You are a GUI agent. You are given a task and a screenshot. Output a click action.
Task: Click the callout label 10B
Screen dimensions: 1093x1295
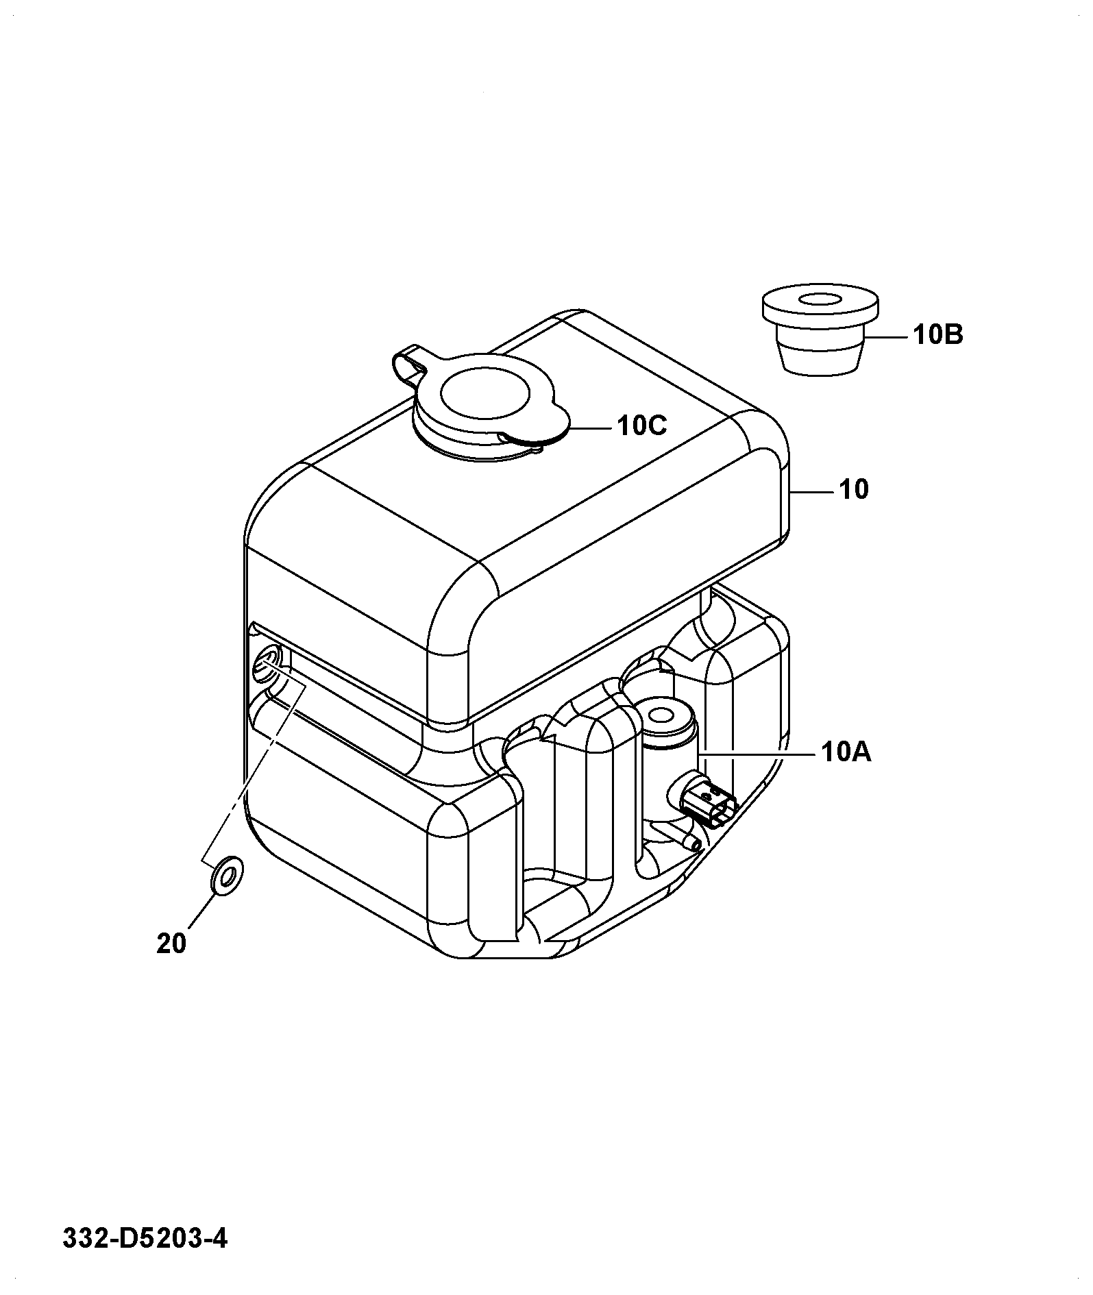pyautogui.click(x=937, y=335)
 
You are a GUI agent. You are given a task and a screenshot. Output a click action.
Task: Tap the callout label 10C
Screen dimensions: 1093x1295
pyautogui.click(x=641, y=426)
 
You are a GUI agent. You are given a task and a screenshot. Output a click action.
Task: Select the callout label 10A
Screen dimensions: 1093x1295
pyautogui.click(x=846, y=753)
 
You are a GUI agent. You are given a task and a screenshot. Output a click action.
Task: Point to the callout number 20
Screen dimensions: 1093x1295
pyautogui.click(x=171, y=944)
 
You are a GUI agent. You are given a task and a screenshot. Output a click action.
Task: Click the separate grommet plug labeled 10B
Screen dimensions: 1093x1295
pyautogui.click(x=820, y=331)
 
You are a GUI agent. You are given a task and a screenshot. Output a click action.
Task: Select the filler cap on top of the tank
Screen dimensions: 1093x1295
pyautogui.click(x=483, y=405)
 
